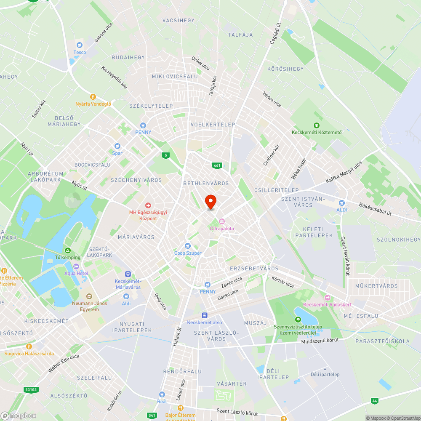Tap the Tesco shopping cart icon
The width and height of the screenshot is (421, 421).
79,45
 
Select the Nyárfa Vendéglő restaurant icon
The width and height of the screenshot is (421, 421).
93,96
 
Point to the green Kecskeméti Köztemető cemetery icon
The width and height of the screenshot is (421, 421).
317,125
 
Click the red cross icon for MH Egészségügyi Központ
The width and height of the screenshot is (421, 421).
148,205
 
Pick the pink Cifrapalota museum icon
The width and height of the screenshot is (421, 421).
221,221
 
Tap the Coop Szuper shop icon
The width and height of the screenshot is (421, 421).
188,246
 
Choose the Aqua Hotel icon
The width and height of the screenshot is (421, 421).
76,266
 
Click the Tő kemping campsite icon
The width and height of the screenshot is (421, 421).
67,250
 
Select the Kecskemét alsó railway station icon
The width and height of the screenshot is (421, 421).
205,315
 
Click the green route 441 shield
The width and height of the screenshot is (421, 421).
217,165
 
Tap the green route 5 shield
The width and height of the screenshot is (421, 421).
166,155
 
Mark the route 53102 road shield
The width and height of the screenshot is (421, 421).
31,390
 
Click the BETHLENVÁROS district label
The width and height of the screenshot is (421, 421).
206,184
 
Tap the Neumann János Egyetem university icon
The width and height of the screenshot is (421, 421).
89,297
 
